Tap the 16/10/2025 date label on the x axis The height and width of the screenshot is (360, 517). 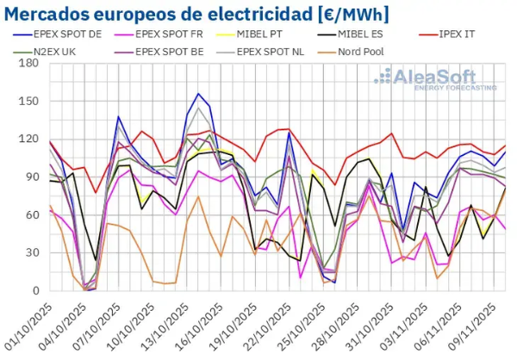pyautogui.click(x=205, y=324)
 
